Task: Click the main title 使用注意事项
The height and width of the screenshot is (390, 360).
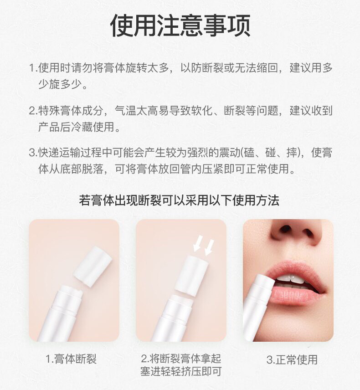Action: (x=180, y=26)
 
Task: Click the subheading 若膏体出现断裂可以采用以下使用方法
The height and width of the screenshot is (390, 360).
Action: (x=179, y=200)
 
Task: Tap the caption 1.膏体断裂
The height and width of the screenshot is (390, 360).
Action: (x=71, y=359)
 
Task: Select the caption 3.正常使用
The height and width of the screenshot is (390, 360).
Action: (x=292, y=359)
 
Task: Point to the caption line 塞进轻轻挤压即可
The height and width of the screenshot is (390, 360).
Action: (x=181, y=372)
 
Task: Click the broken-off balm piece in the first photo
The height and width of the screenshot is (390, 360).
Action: (x=93, y=266)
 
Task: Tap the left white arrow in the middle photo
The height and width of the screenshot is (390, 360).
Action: (x=198, y=243)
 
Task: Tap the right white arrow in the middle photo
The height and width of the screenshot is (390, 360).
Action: (x=209, y=247)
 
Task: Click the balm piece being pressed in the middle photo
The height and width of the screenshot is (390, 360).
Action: (x=191, y=275)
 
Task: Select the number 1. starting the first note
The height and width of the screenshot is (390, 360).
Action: (x=33, y=67)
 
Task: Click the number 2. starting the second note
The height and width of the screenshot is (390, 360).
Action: (x=33, y=111)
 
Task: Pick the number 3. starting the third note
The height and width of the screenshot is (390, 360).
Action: (x=33, y=153)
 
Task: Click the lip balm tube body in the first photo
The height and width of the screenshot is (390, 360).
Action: (x=60, y=316)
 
